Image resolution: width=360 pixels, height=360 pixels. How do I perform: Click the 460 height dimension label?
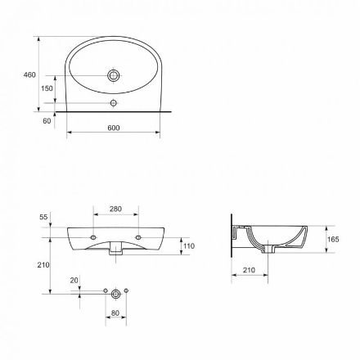[29, 74]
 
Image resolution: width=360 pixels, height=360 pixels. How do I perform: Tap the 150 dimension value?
[47, 88]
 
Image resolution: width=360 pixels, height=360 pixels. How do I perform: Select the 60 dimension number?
[47, 121]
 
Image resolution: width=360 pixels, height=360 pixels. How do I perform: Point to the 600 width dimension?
[114, 128]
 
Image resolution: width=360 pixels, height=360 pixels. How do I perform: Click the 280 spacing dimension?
[115, 209]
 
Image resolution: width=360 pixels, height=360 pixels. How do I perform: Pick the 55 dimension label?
[43, 217]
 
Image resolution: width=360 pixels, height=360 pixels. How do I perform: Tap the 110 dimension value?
[189, 246]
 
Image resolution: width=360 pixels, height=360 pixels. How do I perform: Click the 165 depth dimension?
[333, 240]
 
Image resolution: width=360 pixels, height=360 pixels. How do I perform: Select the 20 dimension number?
[74, 281]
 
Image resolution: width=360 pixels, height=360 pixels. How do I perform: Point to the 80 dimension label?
[115, 313]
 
